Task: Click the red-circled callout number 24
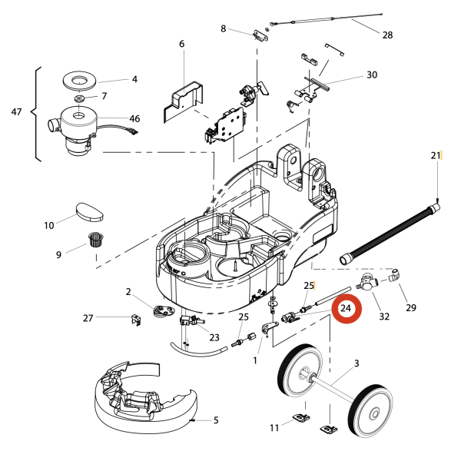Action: click(346, 309)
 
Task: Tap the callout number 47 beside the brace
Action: click(17, 112)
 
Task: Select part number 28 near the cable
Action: click(387, 35)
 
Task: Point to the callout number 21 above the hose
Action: click(436, 156)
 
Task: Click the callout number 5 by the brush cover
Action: click(216, 420)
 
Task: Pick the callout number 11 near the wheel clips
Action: click(274, 426)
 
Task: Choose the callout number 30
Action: click(372, 75)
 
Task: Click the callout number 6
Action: click(182, 44)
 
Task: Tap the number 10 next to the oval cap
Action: click(49, 226)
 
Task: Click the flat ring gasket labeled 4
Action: click(80, 79)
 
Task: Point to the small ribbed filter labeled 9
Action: click(95, 240)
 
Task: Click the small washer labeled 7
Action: click(80, 99)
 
